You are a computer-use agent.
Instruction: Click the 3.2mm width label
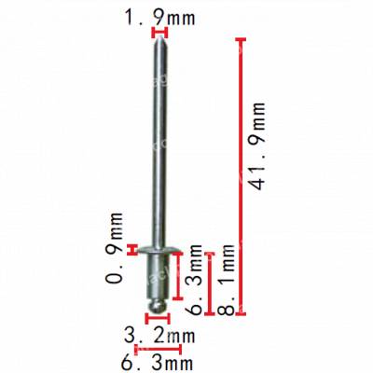(159, 334)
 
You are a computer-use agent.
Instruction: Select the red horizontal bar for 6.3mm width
(157, 348)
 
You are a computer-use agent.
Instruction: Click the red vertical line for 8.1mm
(212, 280)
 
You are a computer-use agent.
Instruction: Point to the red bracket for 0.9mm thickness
(136, 248)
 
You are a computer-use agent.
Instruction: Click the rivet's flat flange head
(159, 250)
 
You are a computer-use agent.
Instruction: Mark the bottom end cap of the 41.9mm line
(242, 310)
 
